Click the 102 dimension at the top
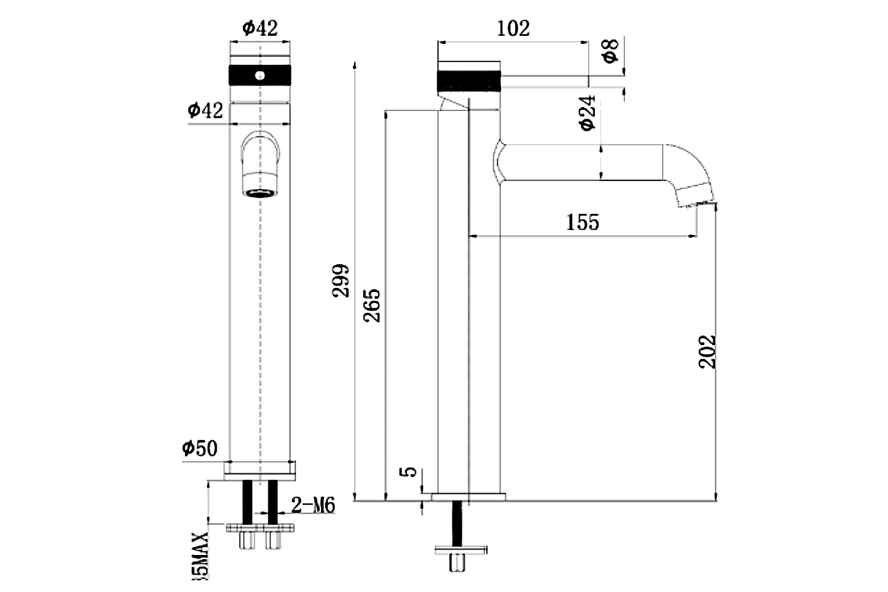[513, 28]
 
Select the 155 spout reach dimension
[582, 222]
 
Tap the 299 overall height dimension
[341, 281]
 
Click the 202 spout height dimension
[707, 351]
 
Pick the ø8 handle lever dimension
[610, 50]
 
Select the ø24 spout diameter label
[587, 113]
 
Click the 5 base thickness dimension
[409, 471]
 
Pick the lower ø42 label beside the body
[205, 109]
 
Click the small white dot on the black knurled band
[260, 75]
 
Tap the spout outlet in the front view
[260, 193]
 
